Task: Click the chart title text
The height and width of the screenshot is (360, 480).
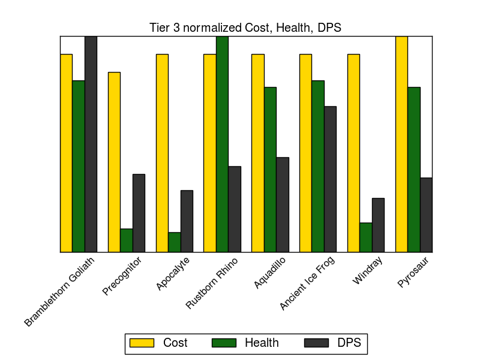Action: [x=245, y=28]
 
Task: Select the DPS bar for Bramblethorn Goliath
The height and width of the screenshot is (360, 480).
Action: [x=91, y=144]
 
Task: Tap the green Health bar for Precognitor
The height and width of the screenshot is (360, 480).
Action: [x=126, y=241]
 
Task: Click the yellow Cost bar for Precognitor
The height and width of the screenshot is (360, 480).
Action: [x=114, y=162]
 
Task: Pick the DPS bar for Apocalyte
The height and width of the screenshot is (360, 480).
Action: [x=187, y=221]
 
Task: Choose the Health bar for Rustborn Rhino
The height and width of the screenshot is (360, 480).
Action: [x=222, y=144]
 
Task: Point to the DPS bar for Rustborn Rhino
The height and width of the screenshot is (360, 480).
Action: [x=235, y=209]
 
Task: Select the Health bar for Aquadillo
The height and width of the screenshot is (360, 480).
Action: [x=270, y=170]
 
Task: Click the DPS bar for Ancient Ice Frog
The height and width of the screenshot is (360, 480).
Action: [x=330, y=179]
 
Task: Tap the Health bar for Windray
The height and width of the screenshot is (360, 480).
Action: [x=365, y=238]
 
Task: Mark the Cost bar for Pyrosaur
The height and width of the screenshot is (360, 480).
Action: [x=401, y=144]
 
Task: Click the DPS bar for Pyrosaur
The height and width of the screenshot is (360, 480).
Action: [x=426, y=215]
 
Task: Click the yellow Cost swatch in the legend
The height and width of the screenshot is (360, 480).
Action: [x=142, y=343]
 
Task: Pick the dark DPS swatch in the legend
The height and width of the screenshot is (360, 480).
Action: [x=317, y=343]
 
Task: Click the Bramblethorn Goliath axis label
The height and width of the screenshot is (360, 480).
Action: [x=60, y=292]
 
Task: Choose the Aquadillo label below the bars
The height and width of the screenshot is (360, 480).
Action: [x=269, y=272]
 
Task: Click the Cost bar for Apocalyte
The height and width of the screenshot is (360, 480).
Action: [x=162, y=153]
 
